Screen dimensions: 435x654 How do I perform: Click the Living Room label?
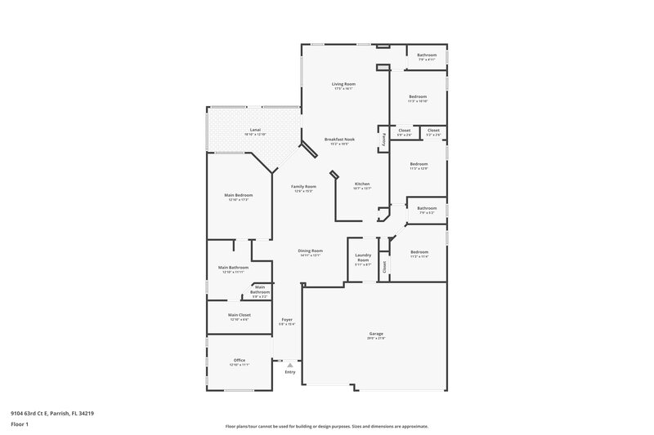click(343, 84)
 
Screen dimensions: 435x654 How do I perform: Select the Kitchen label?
click(362, 184)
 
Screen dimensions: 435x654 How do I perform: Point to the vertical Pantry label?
click(382, 139)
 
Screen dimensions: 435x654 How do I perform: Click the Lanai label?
click(255, 130)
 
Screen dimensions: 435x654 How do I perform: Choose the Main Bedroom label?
click(238, 195)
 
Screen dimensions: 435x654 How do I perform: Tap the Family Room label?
click(303, 187)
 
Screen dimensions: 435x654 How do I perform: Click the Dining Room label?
click(310, 251)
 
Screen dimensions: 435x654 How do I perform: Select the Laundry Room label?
click(363, 258)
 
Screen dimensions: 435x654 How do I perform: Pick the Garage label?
click(375, 334)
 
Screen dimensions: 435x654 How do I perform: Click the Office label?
click(240, 360)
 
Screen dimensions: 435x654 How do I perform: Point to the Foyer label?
click(287, 319)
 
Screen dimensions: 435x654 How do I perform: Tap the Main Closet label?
click(240, 314)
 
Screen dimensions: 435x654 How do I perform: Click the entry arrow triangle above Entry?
click(289, 365)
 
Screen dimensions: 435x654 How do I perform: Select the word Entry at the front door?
click(289, 372)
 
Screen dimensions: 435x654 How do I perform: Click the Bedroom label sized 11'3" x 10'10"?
click(418, 97)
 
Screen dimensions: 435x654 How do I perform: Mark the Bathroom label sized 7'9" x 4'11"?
click(427, 55)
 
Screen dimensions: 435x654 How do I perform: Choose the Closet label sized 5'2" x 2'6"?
click(433, 131)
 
